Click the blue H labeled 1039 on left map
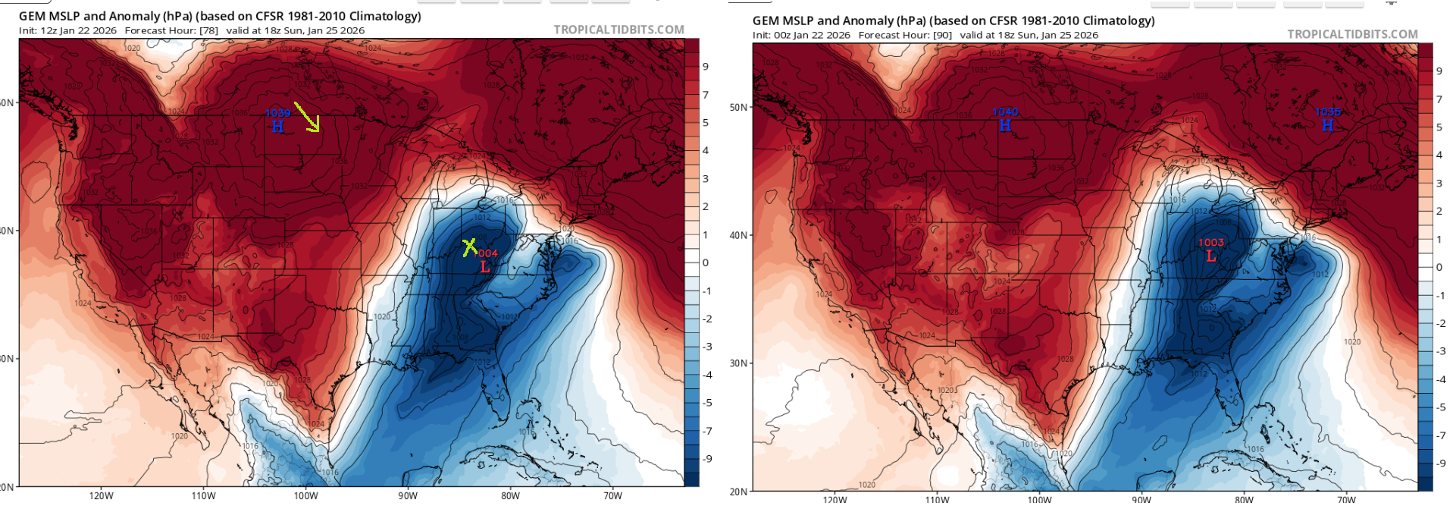point(277,127)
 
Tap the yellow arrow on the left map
point(307,117)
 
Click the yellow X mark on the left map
point(470,247)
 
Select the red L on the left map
point(485,267)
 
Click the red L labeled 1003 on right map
point(1210,256)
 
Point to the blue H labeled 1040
point(1005,125)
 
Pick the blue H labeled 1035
point(1327,125)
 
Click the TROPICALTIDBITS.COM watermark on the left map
point(618,30)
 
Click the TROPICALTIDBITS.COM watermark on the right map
point(1352,34)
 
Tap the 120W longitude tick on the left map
point(101,496)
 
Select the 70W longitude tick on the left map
point(612,496)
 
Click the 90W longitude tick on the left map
point(408,496)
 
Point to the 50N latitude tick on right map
point(739,107)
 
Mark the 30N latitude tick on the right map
point(739,363)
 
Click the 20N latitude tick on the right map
point(739,492)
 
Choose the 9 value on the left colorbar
point(706,67)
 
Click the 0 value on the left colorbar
point(706,262)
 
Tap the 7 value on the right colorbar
point(1439,99)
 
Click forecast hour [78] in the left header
point(208,30)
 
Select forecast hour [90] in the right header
point(942,35)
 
